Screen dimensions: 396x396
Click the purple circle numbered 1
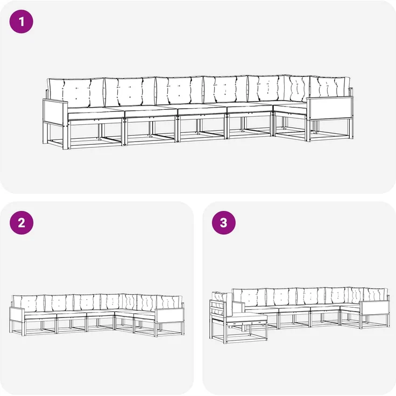point(21,22)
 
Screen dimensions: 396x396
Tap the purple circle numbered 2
point(21,223)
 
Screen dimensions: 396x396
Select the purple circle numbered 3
point(224,223)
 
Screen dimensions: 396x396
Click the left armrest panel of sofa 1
point(55,112)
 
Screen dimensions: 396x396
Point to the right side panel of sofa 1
point(330,109)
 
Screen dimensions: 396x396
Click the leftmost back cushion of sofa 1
point(76,93)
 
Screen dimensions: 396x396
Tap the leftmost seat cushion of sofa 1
point(96,113)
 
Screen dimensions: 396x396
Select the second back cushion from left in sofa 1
point(130,91)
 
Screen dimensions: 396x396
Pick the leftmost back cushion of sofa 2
point(29,303)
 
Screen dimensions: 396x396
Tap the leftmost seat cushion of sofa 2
point(40,316)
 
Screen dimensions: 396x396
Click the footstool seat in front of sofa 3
point(246,319)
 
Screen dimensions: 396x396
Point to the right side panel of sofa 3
point(374,308)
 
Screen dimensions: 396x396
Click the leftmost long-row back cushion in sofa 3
point(249,298)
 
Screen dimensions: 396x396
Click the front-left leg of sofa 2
point(23,329)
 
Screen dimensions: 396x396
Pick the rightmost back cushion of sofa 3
point(376,295)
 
